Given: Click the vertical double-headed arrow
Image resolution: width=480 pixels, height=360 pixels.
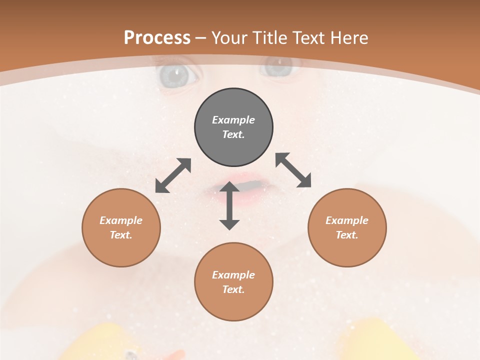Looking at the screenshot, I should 229,205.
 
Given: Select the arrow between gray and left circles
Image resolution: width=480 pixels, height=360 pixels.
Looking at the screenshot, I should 173,175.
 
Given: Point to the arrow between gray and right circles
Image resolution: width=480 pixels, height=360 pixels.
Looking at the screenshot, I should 293,170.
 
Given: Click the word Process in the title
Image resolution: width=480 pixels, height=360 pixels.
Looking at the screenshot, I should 157,37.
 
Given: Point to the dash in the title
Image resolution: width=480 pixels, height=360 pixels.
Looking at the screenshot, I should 201,38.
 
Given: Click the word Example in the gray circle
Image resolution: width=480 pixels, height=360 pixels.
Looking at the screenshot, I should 233,120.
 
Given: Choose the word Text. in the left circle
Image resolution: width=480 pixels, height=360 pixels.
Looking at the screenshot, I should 121,235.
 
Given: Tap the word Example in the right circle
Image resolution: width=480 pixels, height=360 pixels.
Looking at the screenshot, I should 347,220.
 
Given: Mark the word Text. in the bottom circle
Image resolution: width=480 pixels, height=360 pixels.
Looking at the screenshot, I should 233,289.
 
